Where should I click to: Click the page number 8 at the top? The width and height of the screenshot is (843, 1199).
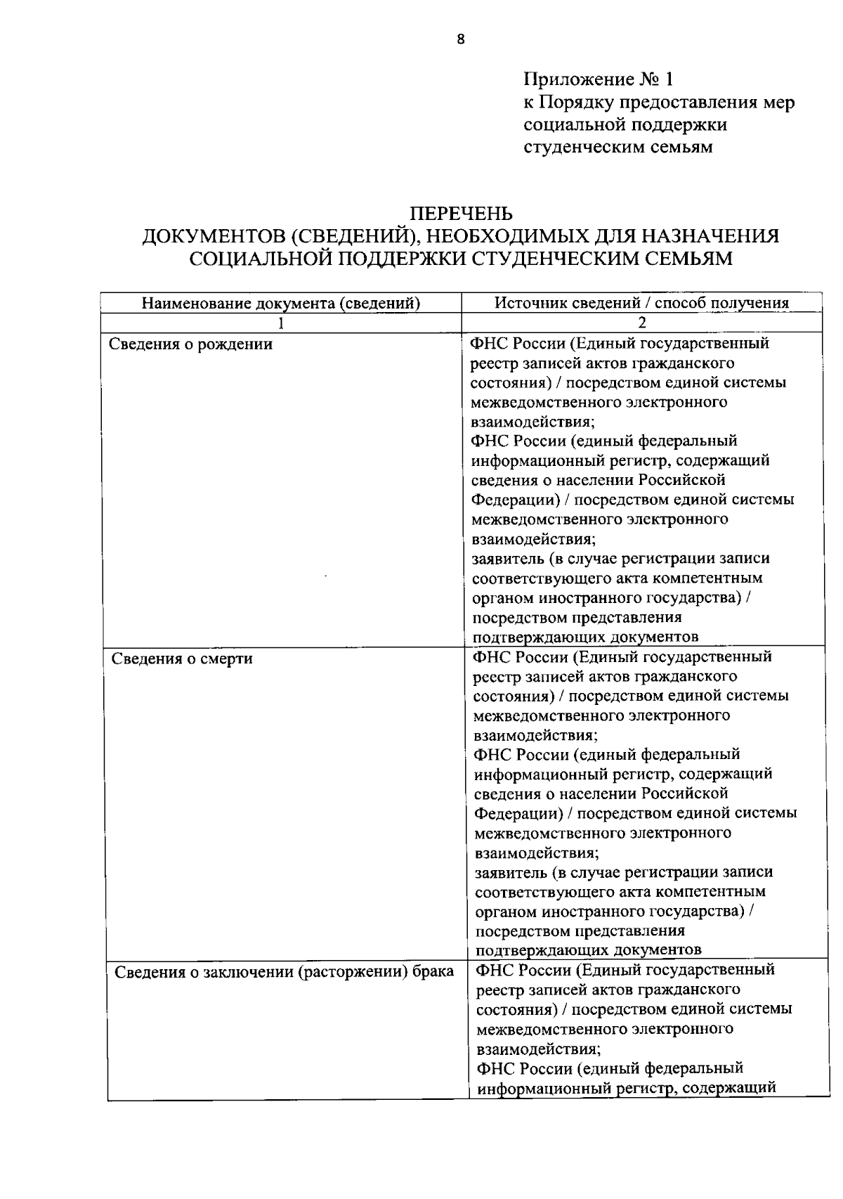pyautogui.click(x=460, y=39)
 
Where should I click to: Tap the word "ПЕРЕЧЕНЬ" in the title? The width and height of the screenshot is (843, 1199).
pyautogui.click(x=461, y=213)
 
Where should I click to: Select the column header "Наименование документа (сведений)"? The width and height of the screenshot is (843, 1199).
pyautogui.click(x=281, y=303)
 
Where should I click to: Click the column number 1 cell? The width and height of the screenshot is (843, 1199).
pyautogui.click(x=281, y=323)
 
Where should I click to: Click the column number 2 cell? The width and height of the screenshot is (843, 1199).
pyautogui.click(x=641, y=323)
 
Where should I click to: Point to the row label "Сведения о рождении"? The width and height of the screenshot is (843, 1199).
pyautogui.click(x=191, y=344)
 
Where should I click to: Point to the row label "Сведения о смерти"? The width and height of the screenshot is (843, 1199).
pyautogui.click(x=183, y=659)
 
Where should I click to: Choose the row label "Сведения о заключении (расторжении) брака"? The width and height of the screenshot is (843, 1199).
pyautogui.click(x=284, y=972)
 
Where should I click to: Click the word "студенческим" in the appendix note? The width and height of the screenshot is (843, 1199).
pyautogui.click(x=580, y=147)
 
